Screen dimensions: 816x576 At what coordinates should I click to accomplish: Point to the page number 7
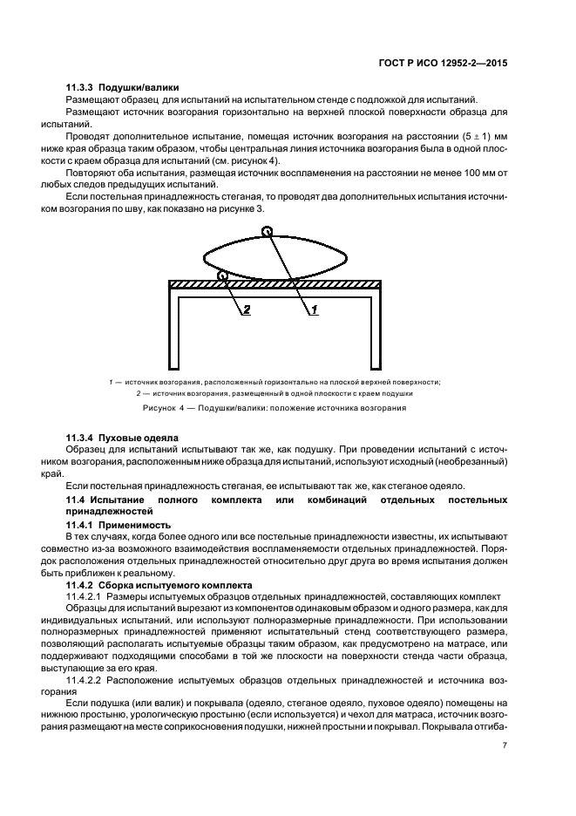click(505, 745)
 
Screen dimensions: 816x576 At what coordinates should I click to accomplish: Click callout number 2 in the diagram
click(247, 309)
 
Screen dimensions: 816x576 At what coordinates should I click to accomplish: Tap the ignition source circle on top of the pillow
click(268, 232)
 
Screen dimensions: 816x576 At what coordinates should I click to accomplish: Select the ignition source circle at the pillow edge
click(223, 276)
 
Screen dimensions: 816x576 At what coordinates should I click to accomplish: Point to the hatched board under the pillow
click(275, 283)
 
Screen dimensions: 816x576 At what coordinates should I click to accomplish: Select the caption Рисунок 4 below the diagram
click(275, 408)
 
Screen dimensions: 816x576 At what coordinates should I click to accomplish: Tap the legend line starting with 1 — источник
click(275, 382)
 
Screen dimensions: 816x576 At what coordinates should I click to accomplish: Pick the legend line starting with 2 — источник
click(275, 393)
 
